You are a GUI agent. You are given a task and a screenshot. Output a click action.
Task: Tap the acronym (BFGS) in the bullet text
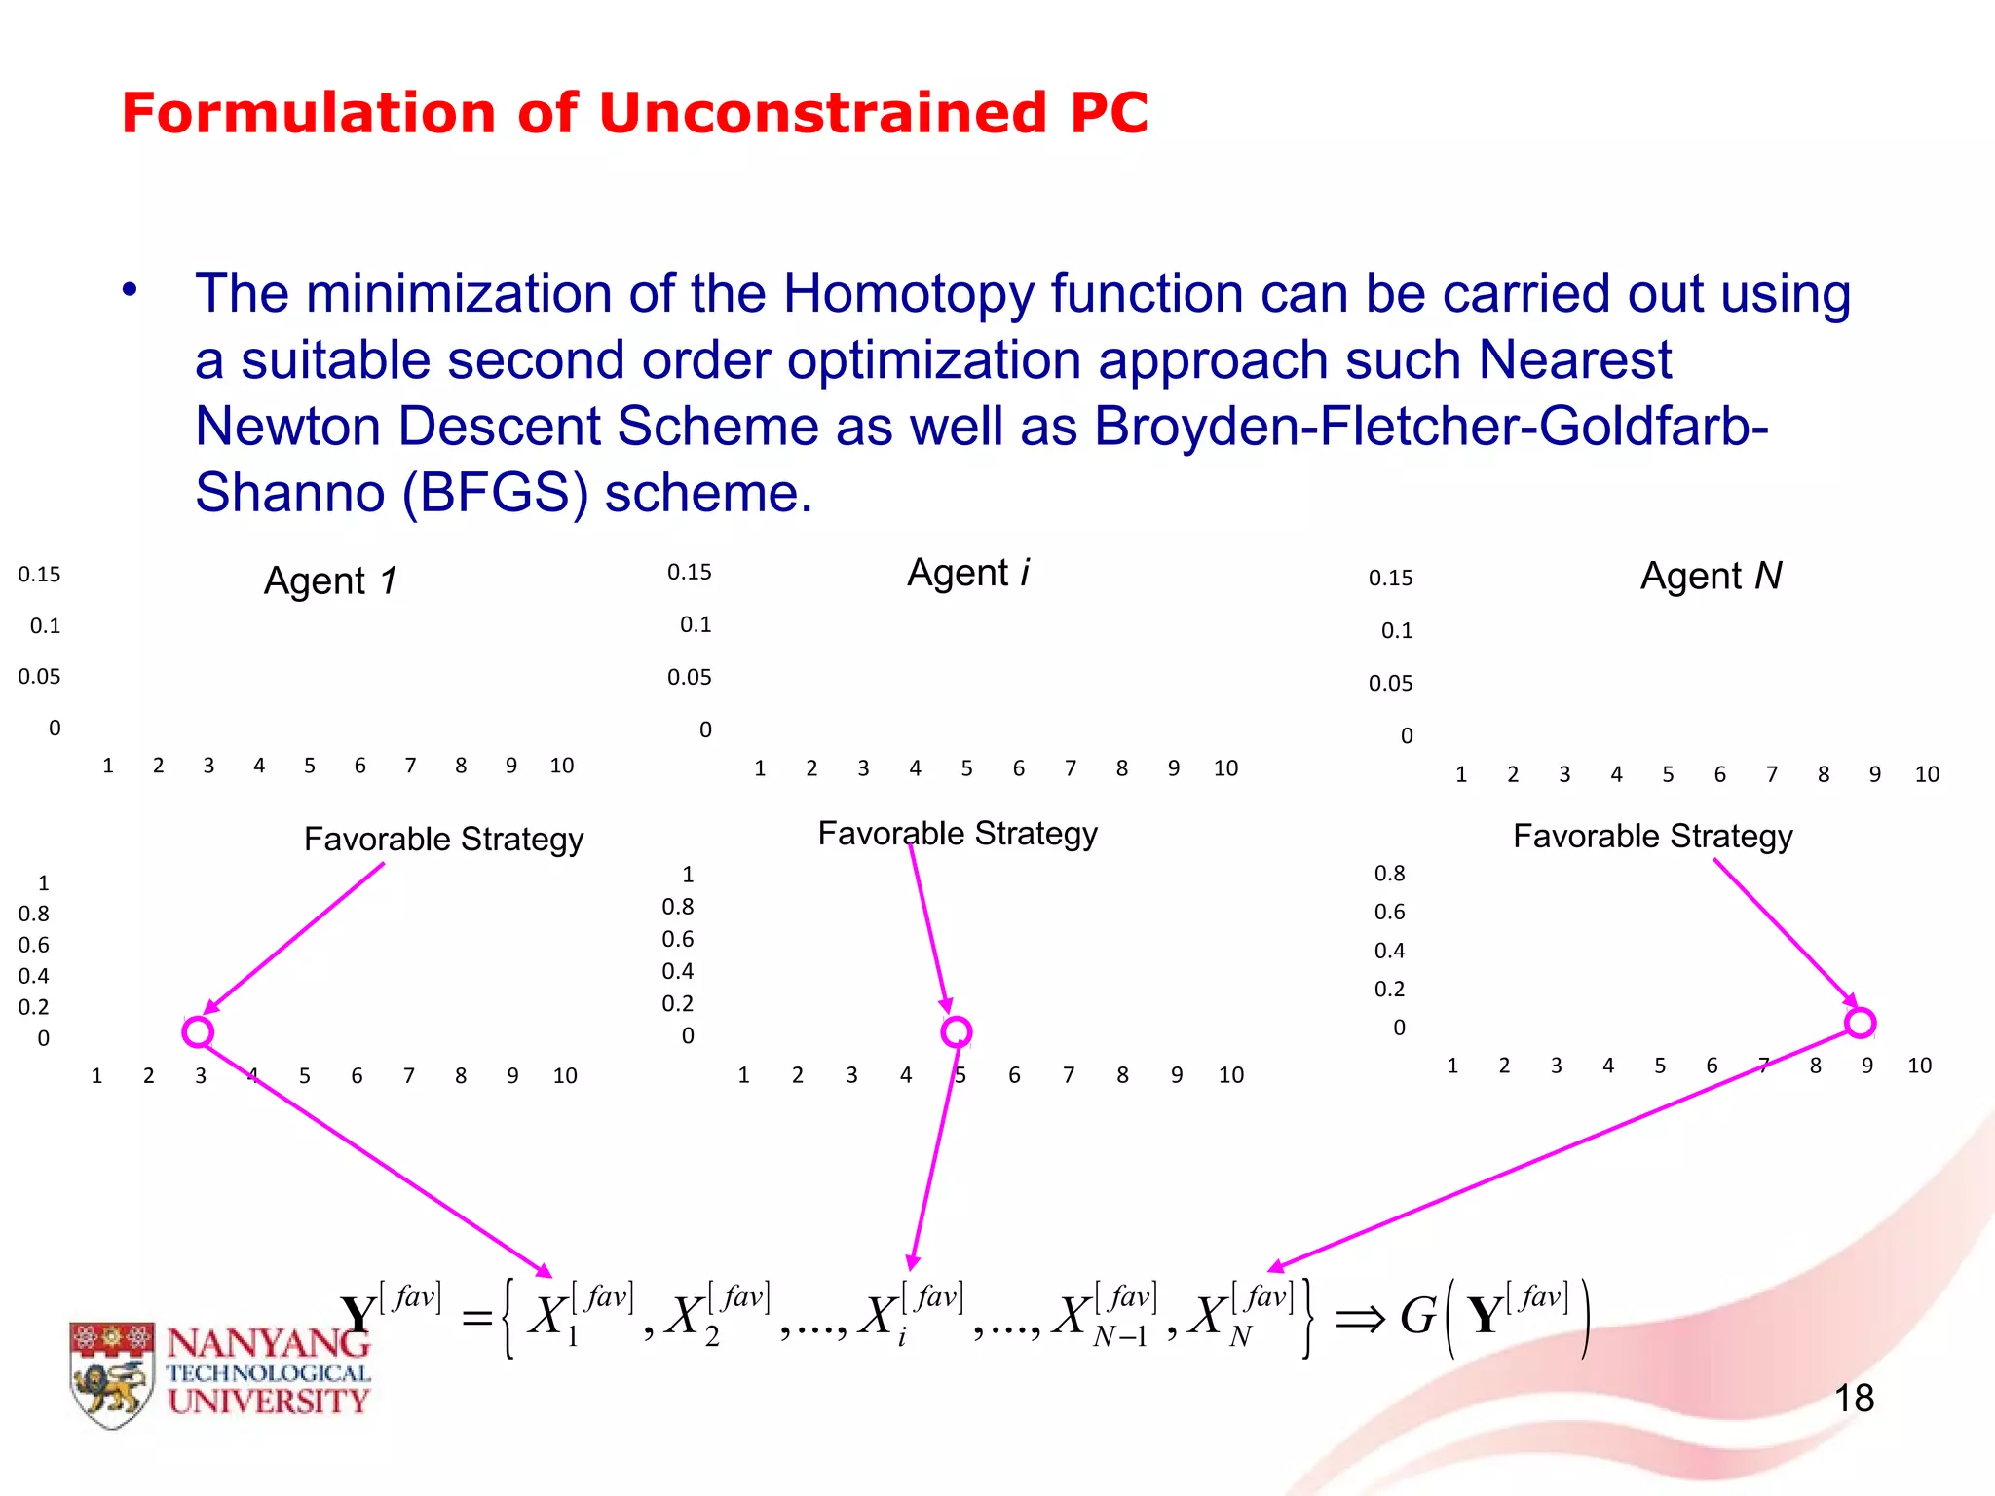(495, 492)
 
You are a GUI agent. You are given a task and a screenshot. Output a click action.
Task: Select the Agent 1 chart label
(330, 580)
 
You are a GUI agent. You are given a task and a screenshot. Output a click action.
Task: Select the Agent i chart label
(968, 573)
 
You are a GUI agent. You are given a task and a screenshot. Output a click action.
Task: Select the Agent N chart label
(1711, 576)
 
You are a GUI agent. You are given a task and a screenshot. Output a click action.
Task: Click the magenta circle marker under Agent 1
(198, 1031)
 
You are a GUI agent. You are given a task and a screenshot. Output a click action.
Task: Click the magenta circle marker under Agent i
(957, 1031)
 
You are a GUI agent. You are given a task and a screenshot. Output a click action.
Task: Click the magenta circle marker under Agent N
(1860, 1023)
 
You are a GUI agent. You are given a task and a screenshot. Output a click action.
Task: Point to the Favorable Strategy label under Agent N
(1652, 836)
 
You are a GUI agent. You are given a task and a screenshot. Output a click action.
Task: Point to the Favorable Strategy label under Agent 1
(443, 839)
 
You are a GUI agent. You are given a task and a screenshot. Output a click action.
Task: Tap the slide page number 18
(1854, 1399)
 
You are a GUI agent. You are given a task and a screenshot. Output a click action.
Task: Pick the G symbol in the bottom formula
(1418, 1317)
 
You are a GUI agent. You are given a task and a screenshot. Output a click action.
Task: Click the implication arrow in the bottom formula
(1359, 1320)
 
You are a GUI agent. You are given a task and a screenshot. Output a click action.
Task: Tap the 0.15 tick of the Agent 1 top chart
(39, 575)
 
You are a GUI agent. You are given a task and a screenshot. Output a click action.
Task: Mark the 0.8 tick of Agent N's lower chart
(1389, 874)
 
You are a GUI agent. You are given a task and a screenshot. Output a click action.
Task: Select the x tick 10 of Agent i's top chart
(1225, 768)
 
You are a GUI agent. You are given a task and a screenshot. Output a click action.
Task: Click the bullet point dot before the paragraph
(130, 290)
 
